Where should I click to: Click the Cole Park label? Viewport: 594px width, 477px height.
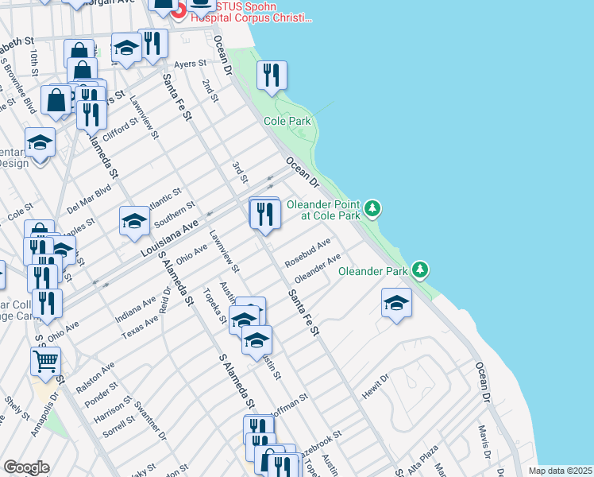click(288, 121)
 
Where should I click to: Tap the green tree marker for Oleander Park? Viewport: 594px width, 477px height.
click(421, 270)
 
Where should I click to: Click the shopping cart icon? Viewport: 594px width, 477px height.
click(45, 362)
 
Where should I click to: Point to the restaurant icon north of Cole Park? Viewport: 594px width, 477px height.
click(272, 76)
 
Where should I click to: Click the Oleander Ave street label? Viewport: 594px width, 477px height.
click(318, 269)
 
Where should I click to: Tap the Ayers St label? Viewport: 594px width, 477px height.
click(191, 63)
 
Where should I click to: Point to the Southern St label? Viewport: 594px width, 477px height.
click(175, 213)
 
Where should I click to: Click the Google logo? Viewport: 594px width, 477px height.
click(26, 467)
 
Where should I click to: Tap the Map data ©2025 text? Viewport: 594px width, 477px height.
click(559, 471)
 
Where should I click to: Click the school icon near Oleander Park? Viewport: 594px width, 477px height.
click(396, 304)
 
